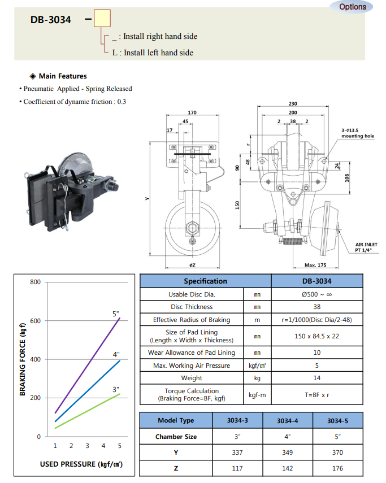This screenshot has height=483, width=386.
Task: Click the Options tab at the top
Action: pos(353,7)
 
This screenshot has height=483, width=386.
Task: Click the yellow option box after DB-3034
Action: pos(102,20)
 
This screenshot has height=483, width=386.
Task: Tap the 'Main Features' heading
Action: pos(62,76)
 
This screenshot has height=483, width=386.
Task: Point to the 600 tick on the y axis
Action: pos(35,321)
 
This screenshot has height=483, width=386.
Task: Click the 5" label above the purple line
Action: pos(116,314)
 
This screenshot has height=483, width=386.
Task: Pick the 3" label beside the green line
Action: pos(116,389)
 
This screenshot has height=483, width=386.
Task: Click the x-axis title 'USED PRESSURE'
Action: pos(81,464)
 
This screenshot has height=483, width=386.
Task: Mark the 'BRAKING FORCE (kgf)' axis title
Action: pos(23,359)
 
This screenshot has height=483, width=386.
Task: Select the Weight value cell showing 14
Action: pos(316,378)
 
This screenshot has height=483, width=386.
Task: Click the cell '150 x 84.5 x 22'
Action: pos(316,336)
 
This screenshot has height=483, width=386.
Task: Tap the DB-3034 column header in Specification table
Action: pos(316,281)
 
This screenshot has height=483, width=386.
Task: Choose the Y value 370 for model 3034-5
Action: pos(337,452)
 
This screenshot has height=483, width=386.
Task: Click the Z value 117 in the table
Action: pos(238,468)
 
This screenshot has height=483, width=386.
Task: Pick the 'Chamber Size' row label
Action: pos(176,437)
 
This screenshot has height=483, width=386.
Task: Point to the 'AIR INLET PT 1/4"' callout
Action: pos(366,247)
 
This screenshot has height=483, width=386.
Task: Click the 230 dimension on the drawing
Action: pos(309,104)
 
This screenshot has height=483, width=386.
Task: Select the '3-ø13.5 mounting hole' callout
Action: pos(357,133)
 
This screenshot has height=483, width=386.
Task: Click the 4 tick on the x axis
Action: pos(103,446)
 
